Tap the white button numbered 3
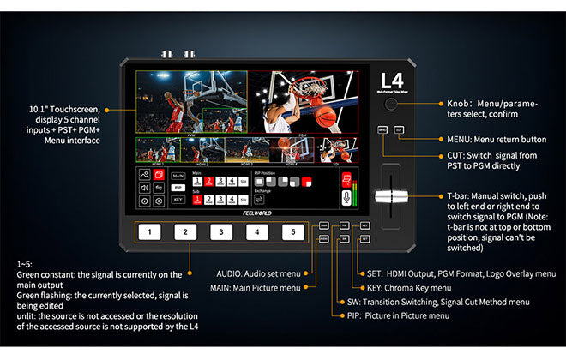(x=221, y=232)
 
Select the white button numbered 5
(x=293, y=232)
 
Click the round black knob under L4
(x=391, y=105)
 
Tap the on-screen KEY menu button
(x=178, y=198)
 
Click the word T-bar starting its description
(x=458, y=196)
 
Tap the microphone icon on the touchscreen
(x=347, y=196)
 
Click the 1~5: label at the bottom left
(x=25, y=263)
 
